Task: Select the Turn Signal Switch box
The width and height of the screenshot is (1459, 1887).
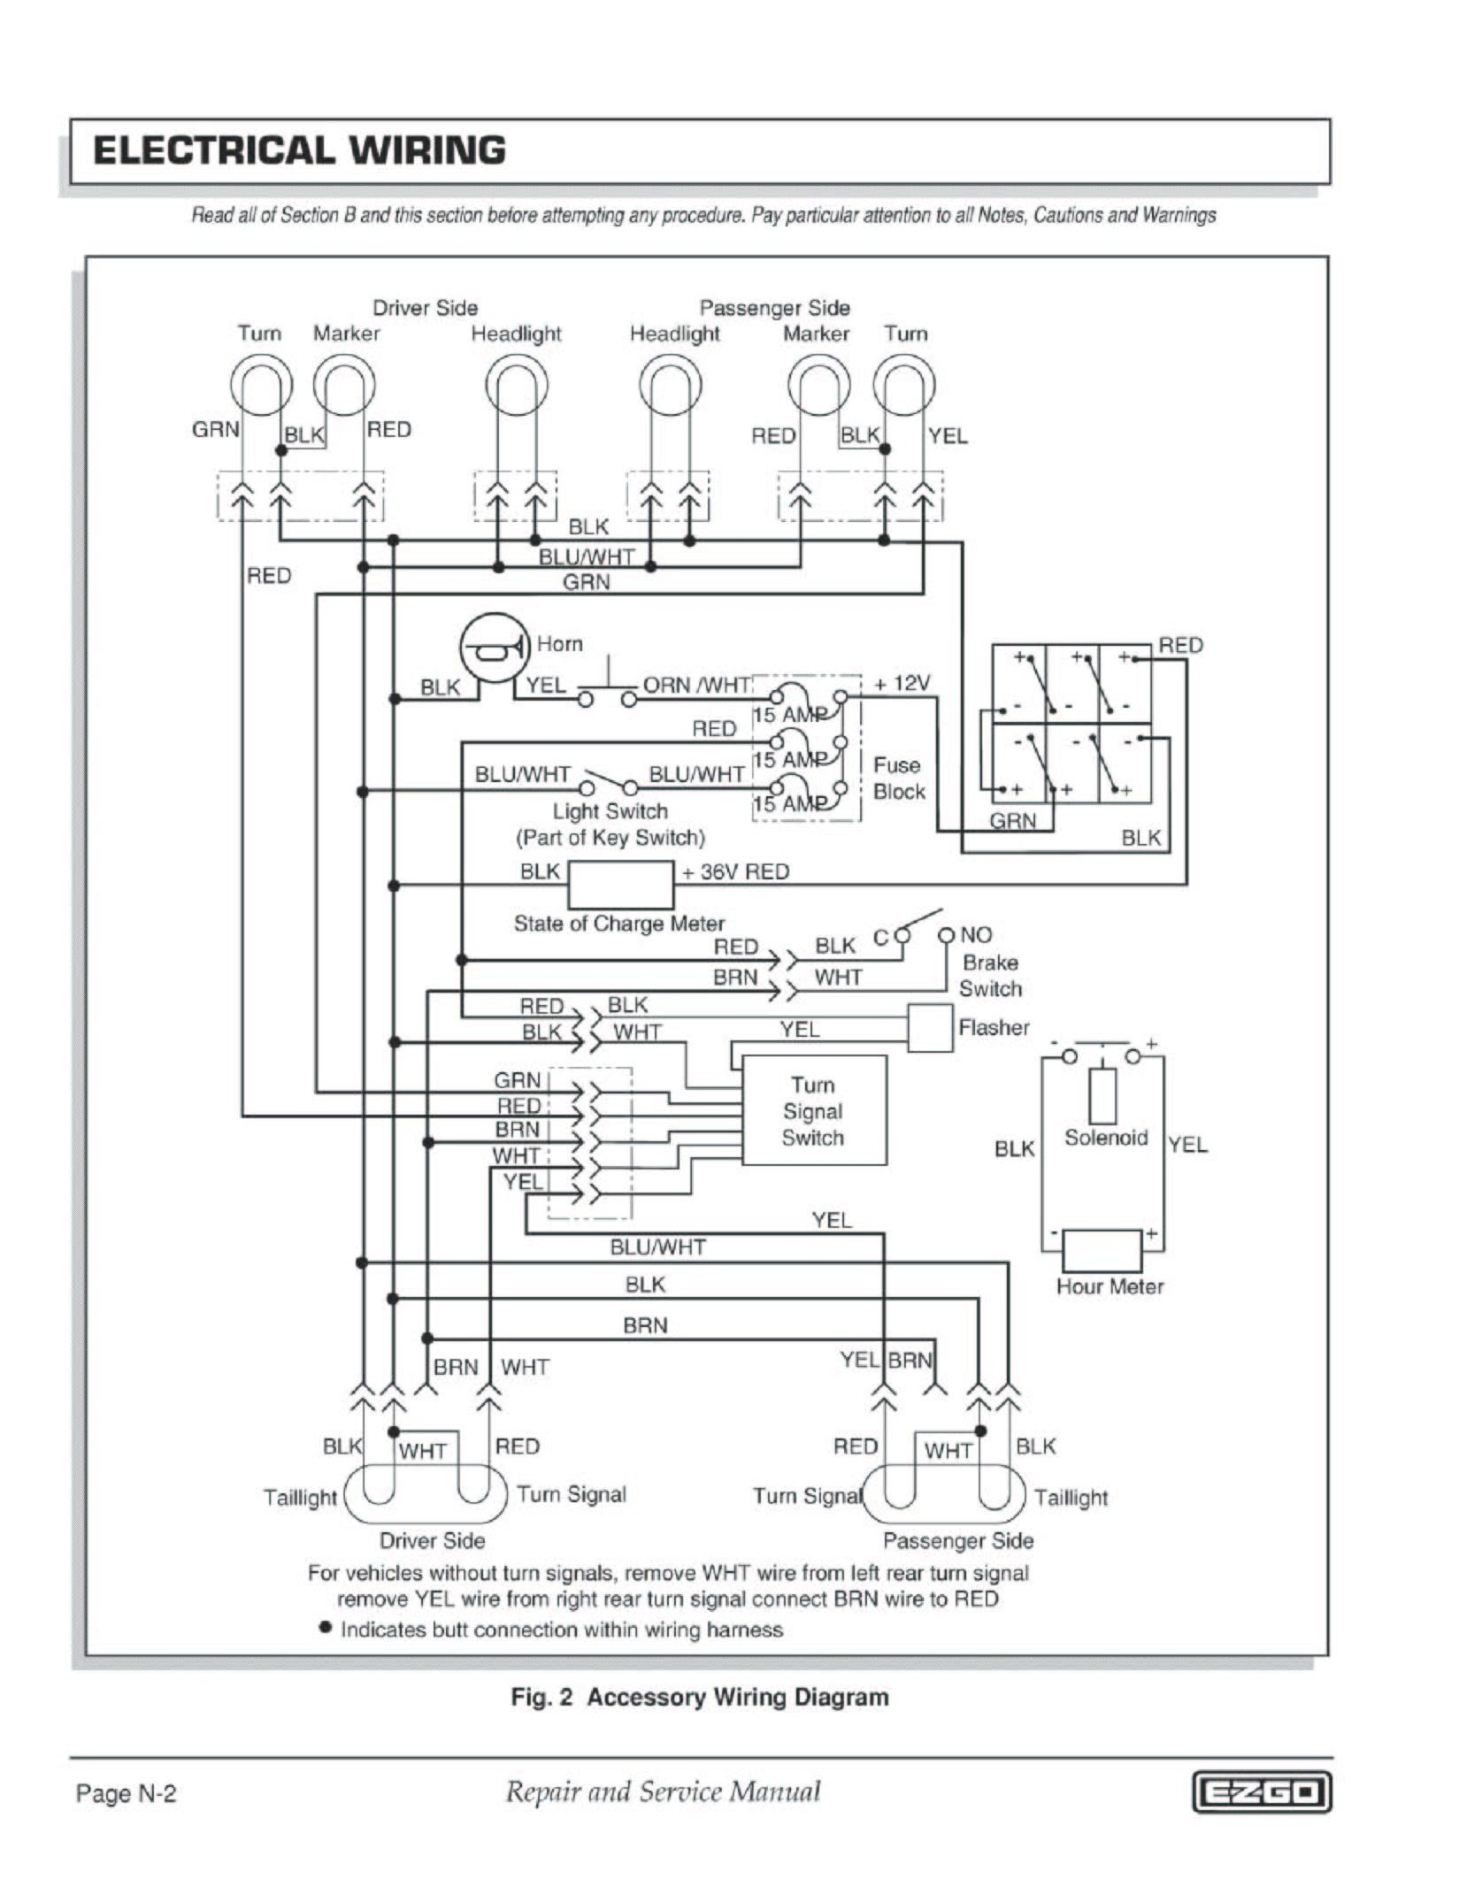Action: (x=813, y=1110)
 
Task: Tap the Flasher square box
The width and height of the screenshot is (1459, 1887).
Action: (x=930, y=1027)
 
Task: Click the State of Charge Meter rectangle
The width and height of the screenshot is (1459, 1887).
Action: (x=619, y=885)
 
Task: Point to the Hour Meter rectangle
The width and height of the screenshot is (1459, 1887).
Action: (x=1102, y=1250)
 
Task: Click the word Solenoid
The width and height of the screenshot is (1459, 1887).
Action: (x=1105, y=1138)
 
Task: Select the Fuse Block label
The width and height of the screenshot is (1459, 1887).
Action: (x=897, y=779)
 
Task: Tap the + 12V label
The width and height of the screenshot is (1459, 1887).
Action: (x=902, y=684)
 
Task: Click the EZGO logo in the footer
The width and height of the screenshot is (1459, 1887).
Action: (x=1262, y=1792)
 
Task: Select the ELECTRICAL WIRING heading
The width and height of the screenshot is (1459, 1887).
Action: (x=299, y=150)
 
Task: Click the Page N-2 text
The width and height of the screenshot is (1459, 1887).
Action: (x=127, y=1793)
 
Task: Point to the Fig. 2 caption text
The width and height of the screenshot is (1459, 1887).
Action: (x=700, y=1697)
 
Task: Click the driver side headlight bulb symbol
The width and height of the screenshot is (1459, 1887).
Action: (x=517, y=386)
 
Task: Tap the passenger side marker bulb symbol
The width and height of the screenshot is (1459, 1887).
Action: (x=818, y=386)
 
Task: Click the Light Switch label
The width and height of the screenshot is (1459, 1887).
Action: (x=610, y=811)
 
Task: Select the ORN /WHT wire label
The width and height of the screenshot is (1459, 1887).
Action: (x=696, y=686)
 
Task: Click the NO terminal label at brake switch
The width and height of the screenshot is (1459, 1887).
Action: (x=976, y=935)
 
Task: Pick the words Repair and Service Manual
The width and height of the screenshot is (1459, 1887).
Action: (x=662, y=1791)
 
